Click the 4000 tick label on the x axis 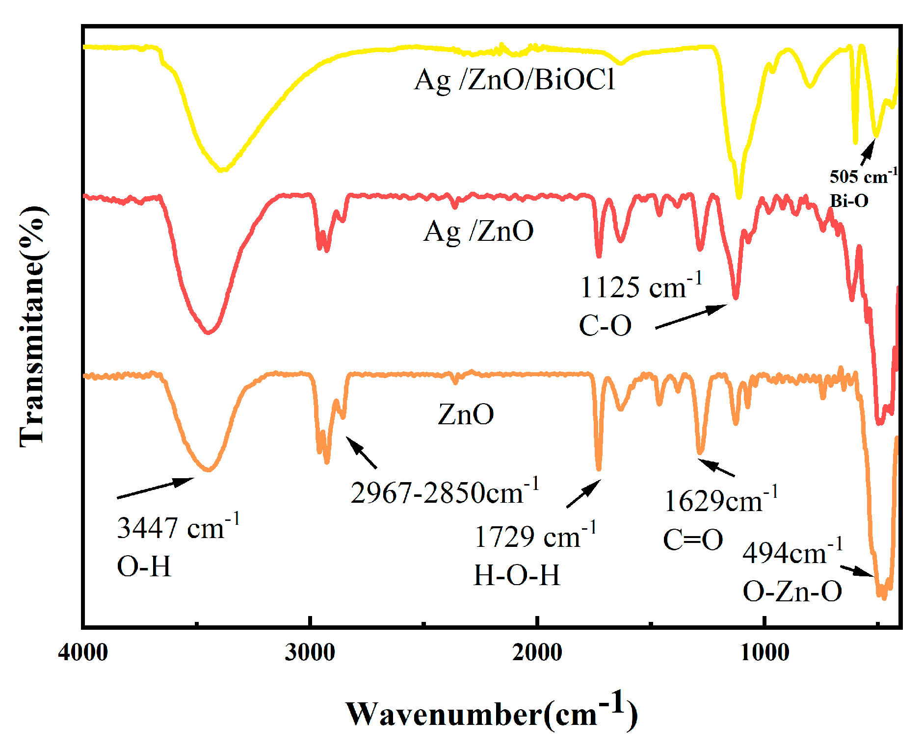click(x=83, y=653)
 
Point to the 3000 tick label click(x=310, y=653)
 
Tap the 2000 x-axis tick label click(x=537, y=653)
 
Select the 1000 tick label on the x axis click(x=765, y=653)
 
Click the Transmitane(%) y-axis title click(x=33, y=327)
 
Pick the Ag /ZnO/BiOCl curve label click(x=514, y=79)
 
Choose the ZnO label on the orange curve click(x=466, y=414)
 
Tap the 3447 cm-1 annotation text click(x=178, y=527)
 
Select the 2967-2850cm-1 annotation click(x=445, y=492)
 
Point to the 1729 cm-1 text click(x=535, y=536)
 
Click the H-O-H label click(x=516, y=575)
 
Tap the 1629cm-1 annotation click(x=720, y=500)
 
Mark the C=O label click(x=693, y=540)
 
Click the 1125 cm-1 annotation click(x=641, y=286)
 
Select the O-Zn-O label click(x=792, y=592)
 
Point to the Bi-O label click(x=849, y=201)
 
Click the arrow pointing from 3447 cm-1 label click(x=155, y=488)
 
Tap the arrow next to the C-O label click(x=691, y=316)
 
